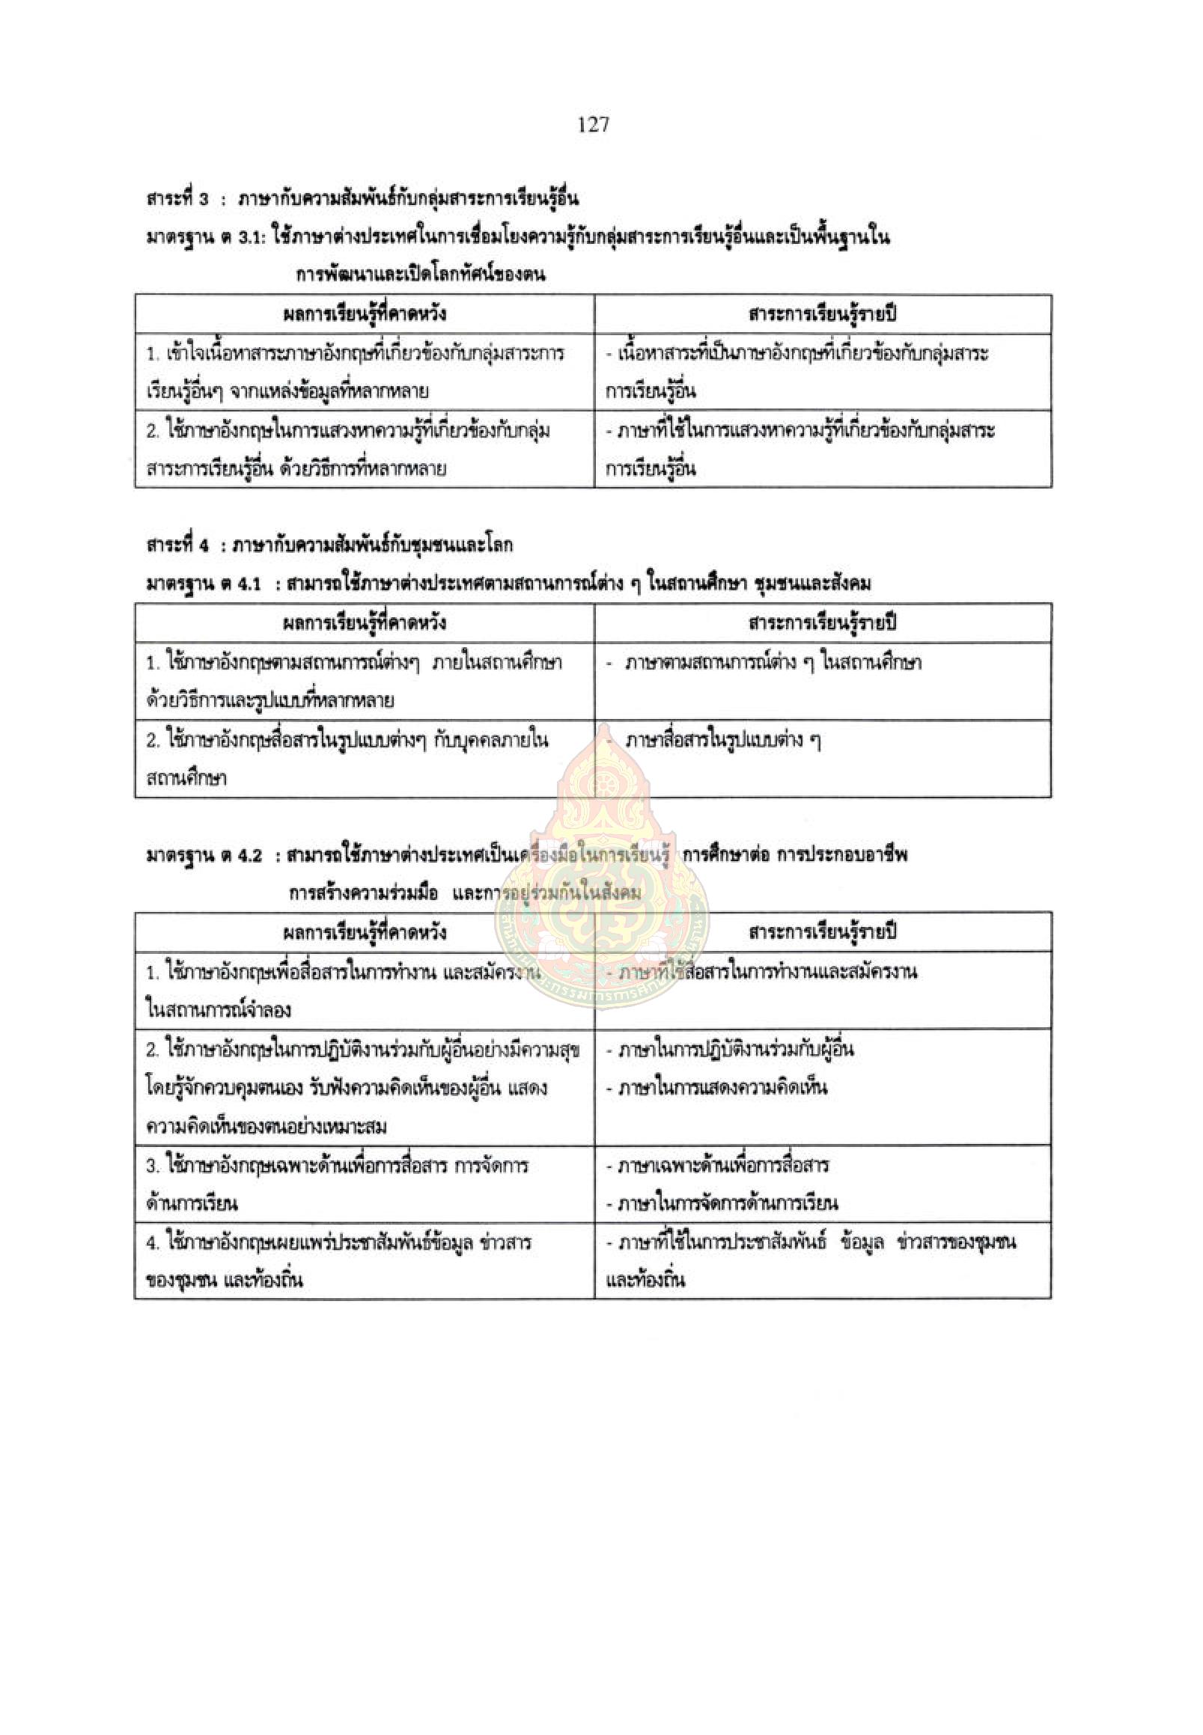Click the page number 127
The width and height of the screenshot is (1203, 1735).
pos(593,124)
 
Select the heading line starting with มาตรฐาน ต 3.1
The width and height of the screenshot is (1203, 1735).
pos(518,238)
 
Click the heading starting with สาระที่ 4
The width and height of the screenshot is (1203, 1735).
pos(329,545)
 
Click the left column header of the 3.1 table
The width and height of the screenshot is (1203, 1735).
pos(364,314)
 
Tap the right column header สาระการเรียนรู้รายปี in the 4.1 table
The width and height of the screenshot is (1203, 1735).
pos(823,623)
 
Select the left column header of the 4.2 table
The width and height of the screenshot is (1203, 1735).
pos(364,932)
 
